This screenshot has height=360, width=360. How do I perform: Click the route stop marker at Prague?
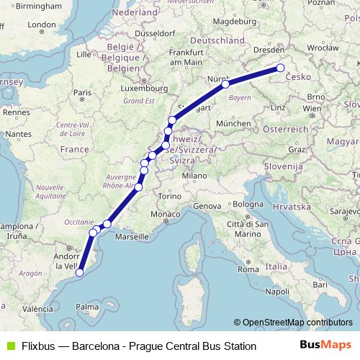(281, 68)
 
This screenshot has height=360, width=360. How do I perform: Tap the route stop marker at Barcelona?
(80, 272)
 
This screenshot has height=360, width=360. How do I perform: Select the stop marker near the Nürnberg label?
(225, 84)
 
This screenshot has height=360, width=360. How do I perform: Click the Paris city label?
(84, 92)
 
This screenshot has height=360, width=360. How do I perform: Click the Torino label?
(170, 196)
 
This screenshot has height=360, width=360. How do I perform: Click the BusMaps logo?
(325, 346)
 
